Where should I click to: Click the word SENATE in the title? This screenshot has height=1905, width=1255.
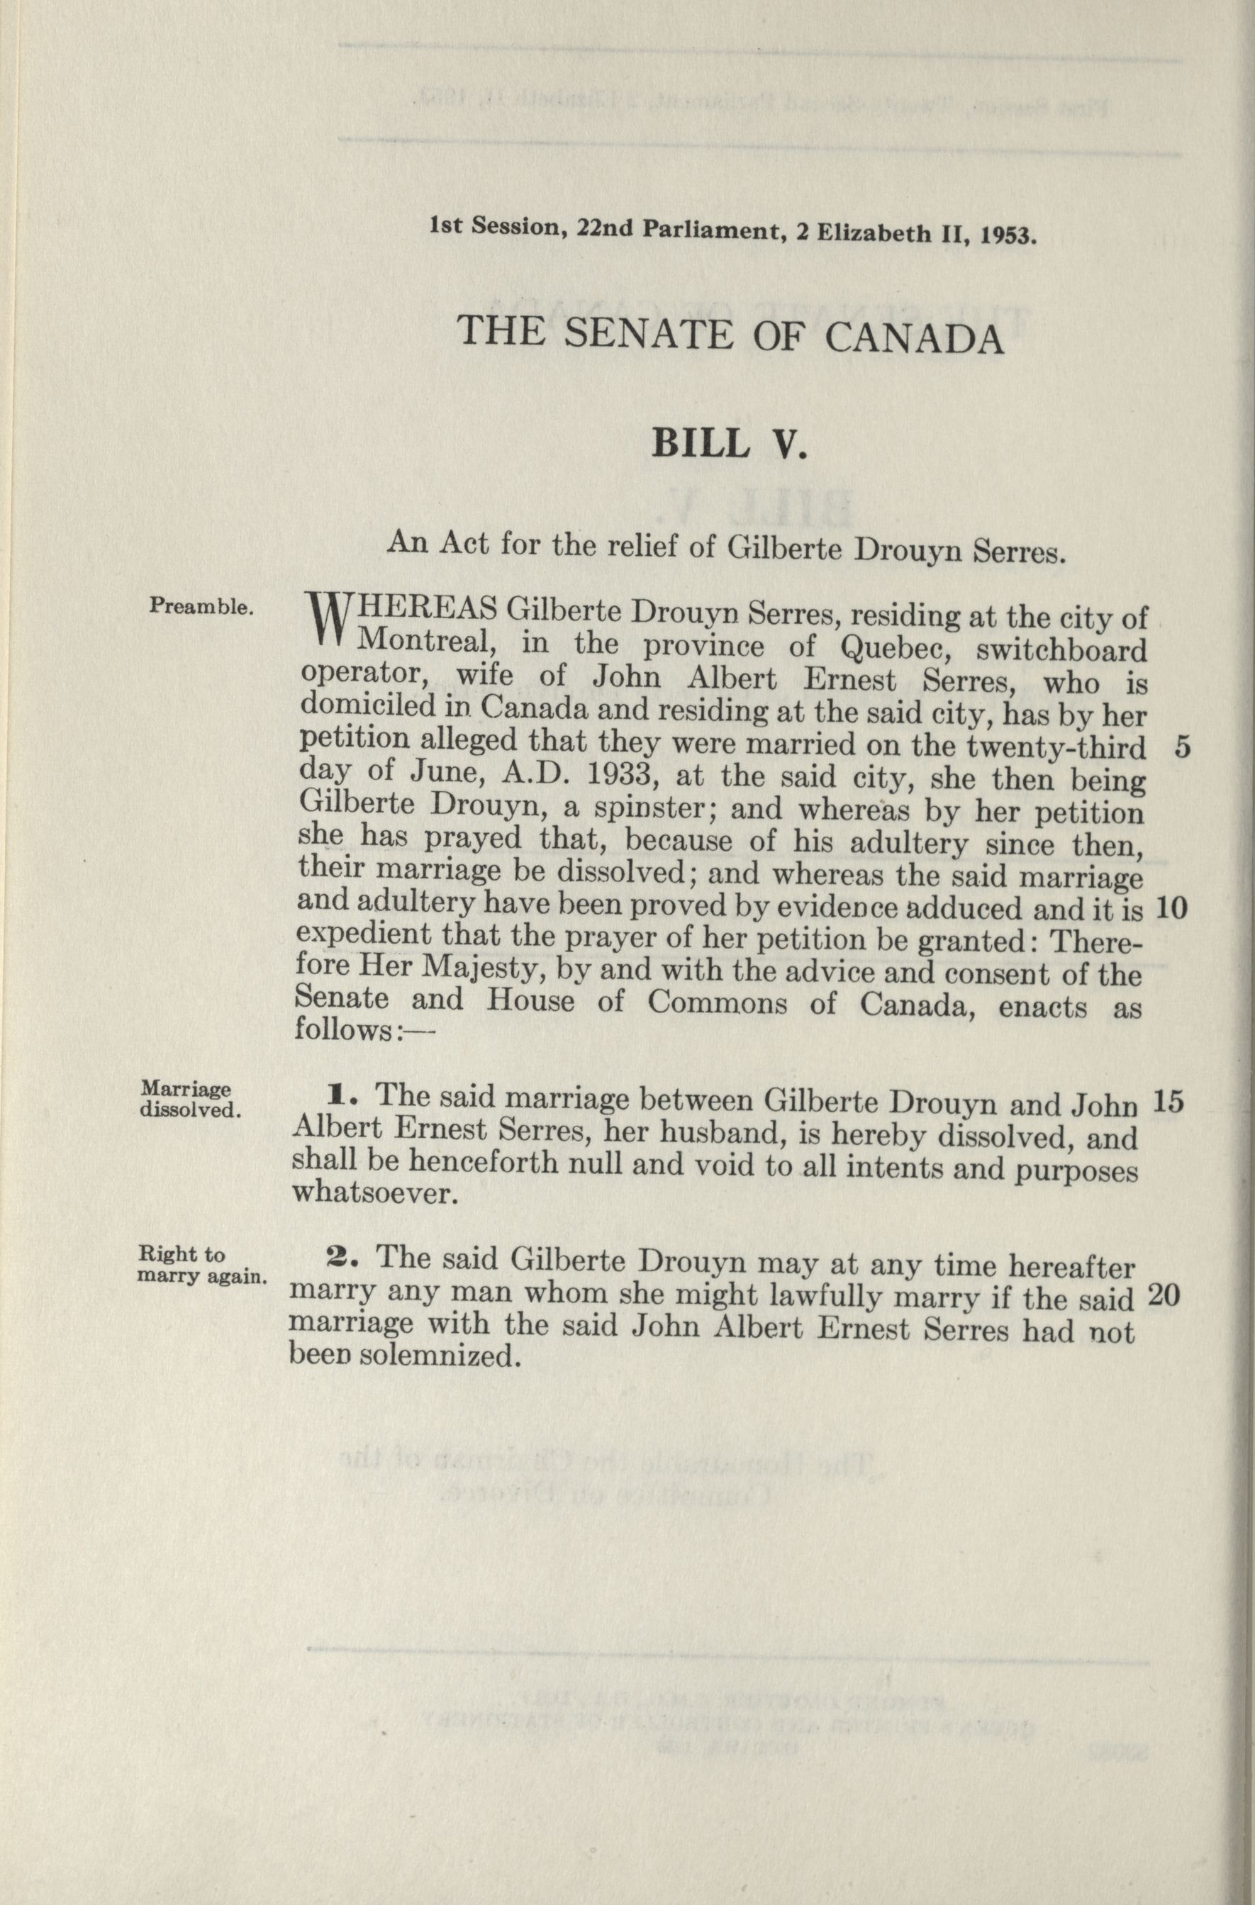point(647,335)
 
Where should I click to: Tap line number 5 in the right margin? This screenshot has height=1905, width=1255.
point(1183,747)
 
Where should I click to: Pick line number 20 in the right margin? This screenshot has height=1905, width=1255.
point(1163,1295)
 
